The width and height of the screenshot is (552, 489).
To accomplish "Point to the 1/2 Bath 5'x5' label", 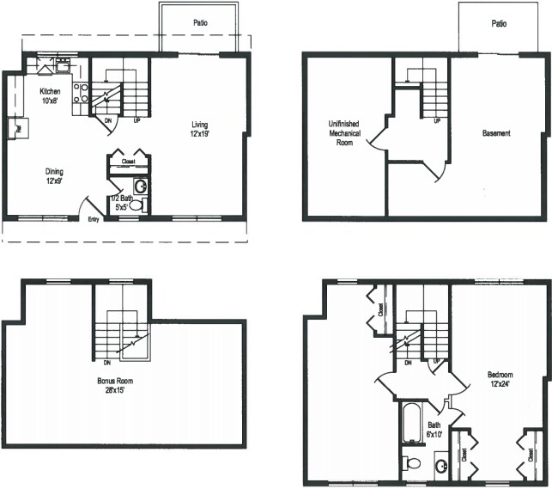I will (x=118, y=203).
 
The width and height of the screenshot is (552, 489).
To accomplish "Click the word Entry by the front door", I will (x=93, y=220).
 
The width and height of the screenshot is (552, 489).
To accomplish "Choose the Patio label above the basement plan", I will (x=499, y=25).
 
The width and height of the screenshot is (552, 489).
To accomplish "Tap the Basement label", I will (x=496, y=133).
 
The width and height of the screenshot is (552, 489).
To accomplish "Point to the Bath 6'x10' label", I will (x=434, y=429).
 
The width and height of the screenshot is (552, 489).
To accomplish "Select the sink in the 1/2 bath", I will (x=139, y=186).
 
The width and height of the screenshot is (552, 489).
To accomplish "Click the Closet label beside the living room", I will (x=128, y=161).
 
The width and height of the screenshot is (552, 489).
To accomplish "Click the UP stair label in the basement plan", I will (x=437, y=120).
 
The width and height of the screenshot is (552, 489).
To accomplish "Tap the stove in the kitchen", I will (x=82, y=94).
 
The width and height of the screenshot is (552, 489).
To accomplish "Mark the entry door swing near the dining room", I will (x=86, y=207).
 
